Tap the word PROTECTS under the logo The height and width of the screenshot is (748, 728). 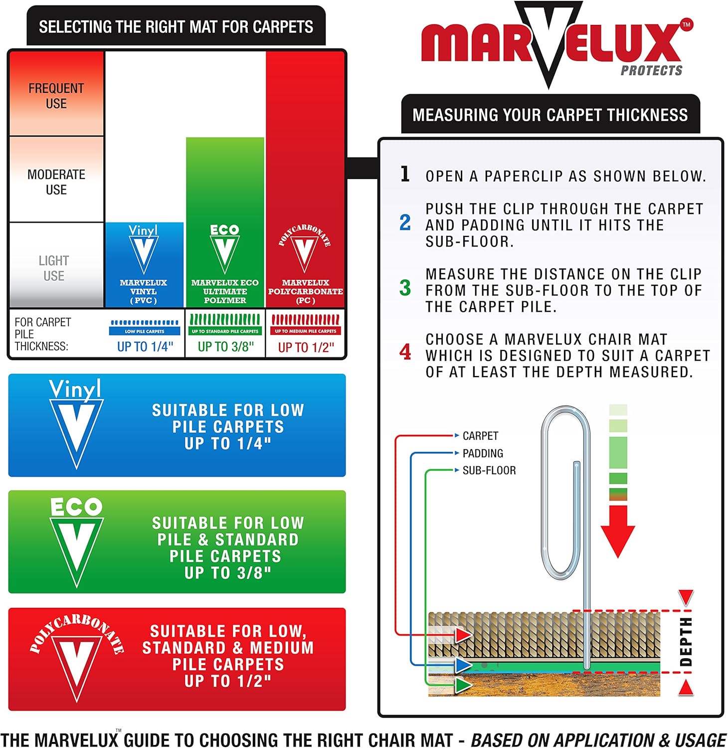click(651, 71)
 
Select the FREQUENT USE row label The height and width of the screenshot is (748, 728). click(56, 96)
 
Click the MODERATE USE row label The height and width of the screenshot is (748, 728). click(56, 182)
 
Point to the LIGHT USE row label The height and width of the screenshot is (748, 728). click(54, 268)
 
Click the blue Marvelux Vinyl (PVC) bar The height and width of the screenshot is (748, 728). click(144, 264)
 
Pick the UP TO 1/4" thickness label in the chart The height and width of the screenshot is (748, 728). click(145, 347)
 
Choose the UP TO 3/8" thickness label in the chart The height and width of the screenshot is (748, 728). click(225, 347)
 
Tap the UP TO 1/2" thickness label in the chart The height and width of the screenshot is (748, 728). click(306, 347)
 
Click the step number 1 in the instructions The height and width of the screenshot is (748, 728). click(405, 175)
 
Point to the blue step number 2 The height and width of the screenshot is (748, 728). click(405, 223)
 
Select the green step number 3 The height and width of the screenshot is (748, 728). click(405, 288)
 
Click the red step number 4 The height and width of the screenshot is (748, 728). click(405, 353)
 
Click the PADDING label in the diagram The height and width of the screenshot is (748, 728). click(483, 453)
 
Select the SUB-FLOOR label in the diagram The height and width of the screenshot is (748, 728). click(489, 470)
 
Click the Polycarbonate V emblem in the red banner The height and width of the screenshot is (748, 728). click(77, 658)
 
